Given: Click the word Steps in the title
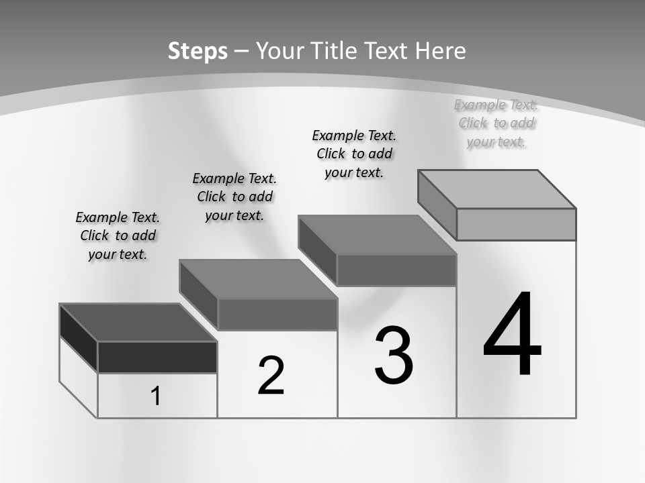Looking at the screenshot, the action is [198, 51].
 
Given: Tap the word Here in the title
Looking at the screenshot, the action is [440, 51].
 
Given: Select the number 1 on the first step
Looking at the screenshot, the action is [156, 396].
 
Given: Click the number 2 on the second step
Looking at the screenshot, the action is [271, 376].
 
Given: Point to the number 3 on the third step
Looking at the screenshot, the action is [394, 356].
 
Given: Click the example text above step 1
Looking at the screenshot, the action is [118, 235].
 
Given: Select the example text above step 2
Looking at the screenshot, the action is [234, 197].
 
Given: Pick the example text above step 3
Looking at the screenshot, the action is [354, 154].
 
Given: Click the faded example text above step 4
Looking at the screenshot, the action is [497, 123].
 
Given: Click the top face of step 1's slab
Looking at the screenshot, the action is [138, 323].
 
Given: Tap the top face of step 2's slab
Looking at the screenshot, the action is [258, 279].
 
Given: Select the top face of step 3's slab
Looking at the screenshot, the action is [378, 235].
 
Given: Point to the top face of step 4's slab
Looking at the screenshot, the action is [497, 189].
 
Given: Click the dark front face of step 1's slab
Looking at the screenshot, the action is [157, 357].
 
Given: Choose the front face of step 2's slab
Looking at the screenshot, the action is [277, 314].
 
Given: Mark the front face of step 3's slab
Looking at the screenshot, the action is [396, 270].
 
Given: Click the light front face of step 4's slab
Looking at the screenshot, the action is [516, 224].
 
